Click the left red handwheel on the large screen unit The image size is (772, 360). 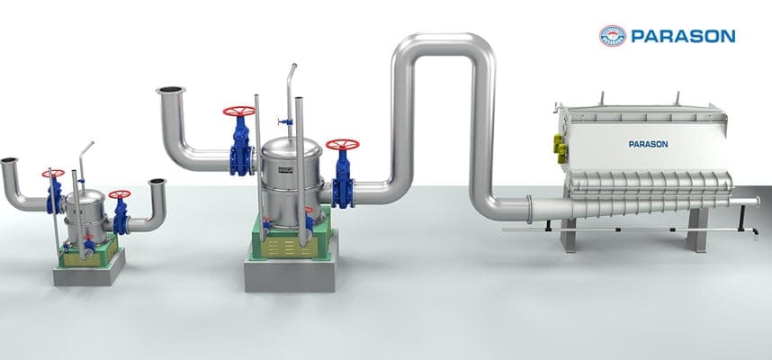pyautogui.click(x=239, y=112)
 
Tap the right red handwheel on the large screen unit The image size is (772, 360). pyautogui.click(x=343, y=145)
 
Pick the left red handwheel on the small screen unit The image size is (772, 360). pyautogui.click(x=53, y=173)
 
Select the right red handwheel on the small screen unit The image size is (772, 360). pyautogui.click(x=119, y=194)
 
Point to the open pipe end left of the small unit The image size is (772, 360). pyautogui.click(x=8, y=162)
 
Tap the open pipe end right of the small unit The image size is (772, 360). pyautogui.click(x=157, y=183)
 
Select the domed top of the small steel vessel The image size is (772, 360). pyautogui.click(x=83, y=195)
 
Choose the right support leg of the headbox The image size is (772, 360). pyautogui.click(x=695, y=235)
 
